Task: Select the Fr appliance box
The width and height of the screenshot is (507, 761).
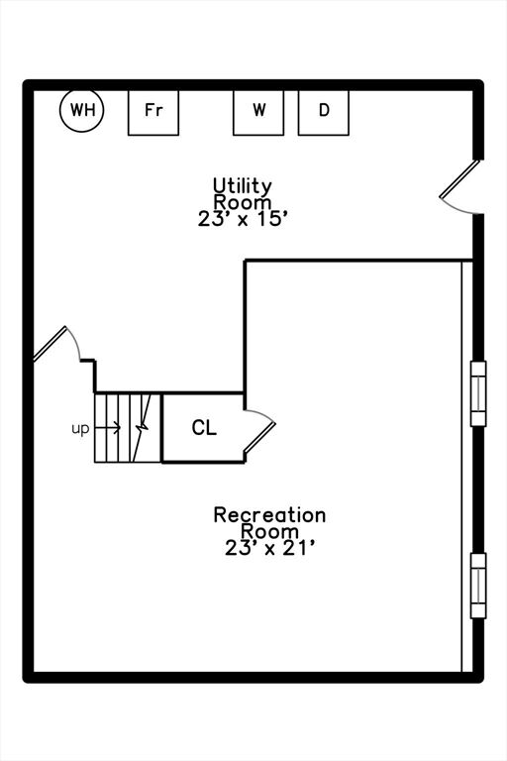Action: (153, 113)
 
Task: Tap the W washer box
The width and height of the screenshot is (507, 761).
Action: (258, 113)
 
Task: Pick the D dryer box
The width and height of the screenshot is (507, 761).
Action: (324, 113)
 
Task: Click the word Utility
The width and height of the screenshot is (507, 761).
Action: (243, 186)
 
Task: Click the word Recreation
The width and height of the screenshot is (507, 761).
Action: (269, 515)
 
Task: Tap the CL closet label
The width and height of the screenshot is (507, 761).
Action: (204, 428)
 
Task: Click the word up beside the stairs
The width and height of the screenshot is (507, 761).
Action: (80, 429)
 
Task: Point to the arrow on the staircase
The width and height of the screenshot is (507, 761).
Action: (108, 428)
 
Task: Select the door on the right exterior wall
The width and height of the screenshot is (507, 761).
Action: (460, 186)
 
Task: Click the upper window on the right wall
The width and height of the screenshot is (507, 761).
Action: (478, 393)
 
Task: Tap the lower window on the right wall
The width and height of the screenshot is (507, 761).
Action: (478, 586)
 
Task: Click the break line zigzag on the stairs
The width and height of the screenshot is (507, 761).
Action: (142, 428)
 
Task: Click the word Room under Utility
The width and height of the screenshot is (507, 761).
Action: (243, 202)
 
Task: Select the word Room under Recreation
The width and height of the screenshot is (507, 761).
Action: (269, 531)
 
